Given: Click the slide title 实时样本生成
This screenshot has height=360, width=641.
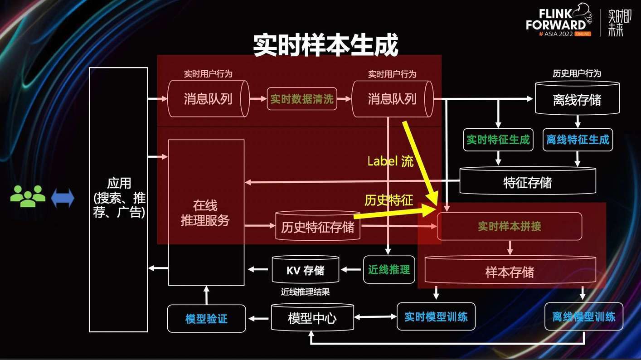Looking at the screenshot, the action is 325,45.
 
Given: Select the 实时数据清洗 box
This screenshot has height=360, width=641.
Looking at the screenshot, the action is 302,99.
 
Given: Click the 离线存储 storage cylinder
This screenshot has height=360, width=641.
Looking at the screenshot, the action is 577,98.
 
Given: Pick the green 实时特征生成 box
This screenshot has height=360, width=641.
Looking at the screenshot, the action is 498,140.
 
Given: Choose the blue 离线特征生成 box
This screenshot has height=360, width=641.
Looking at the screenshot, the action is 578,140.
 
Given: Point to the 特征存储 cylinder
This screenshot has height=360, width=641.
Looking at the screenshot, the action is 528,181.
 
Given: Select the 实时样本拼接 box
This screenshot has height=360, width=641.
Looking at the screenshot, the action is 510,226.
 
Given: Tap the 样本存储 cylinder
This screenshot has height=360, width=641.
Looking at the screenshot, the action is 510,270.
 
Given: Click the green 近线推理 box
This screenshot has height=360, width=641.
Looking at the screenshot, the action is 389,270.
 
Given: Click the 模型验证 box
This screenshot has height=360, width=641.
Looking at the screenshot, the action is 206,318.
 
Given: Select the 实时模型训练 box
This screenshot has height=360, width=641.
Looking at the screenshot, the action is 436,316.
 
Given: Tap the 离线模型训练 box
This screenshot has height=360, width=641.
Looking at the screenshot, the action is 584,316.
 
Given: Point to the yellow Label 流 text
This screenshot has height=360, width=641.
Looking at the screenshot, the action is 390,161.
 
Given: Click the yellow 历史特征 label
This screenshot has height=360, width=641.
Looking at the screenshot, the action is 389,200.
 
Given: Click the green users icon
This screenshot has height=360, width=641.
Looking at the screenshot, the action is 28,196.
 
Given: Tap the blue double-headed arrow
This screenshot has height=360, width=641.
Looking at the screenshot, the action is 63,198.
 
